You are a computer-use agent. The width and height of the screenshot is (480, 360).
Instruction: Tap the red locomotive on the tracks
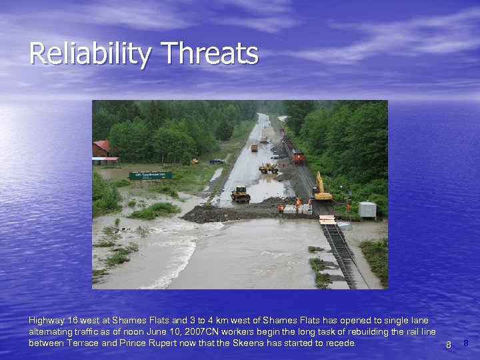[x=297, y=157]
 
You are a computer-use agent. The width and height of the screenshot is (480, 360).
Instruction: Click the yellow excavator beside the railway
[x=322, y=189]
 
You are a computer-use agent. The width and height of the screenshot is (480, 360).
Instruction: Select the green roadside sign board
[x=150, y=176]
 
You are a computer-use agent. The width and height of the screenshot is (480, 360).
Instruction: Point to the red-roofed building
[x=102, y=149]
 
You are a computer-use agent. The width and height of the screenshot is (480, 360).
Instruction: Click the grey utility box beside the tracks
[x=367, y=210]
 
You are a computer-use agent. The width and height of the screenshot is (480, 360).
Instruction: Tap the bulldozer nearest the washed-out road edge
[x=240, y=194]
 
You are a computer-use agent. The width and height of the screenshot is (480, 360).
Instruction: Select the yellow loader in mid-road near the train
[x=268, y=168]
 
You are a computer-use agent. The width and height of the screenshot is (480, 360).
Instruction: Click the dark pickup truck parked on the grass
[x=217, y=161]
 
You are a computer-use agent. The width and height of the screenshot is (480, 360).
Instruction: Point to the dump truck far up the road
[x=254, y=148]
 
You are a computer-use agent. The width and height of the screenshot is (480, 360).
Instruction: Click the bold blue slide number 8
[x=466, y=343]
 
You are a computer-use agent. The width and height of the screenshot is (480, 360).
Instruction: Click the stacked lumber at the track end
[x=327, y=219]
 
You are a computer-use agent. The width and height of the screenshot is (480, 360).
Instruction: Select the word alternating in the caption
[x=52, y=332]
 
